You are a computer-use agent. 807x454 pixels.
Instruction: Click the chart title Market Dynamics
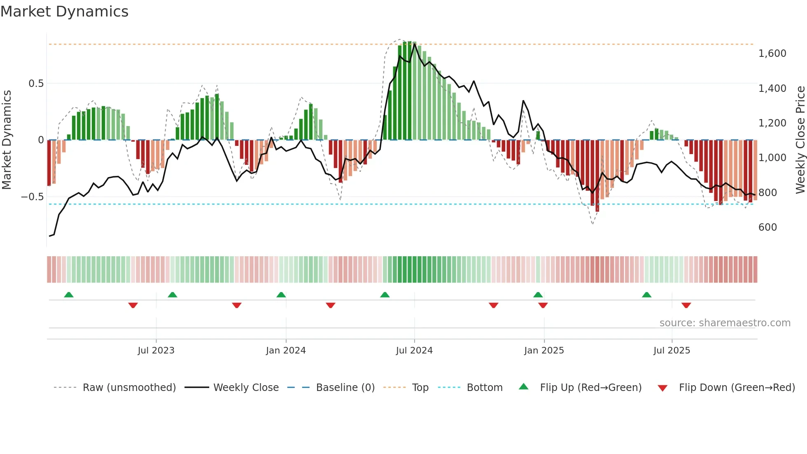tap(64, 12)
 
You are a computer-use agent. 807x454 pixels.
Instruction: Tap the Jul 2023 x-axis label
tap(156, 351)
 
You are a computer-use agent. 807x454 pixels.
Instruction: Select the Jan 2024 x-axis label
tap(286, 351)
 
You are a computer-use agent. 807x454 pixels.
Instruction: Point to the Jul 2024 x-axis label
tap(414, 351)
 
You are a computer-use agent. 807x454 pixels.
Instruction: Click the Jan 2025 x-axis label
tap(544, 351)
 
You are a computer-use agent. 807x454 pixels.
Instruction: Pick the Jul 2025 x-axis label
tap(672, 351)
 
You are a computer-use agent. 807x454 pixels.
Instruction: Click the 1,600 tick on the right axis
tap(772, 54)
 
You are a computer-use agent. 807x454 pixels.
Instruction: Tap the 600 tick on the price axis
tap(767, 227)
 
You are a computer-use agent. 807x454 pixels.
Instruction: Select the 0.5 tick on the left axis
tap(36, 84)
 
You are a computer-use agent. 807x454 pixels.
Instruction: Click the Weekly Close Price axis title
tap(800, 140)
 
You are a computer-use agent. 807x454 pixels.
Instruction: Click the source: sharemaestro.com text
tap(725, 323)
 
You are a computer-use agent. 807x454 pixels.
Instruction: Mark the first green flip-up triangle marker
tap(69, 295)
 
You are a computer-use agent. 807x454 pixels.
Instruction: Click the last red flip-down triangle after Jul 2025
tap(686, 305)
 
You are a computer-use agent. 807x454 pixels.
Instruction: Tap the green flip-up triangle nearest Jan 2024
tap(281, 295)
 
